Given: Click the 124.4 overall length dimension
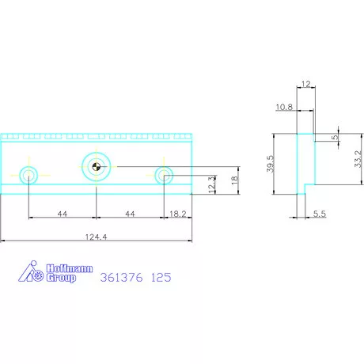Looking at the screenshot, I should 96,234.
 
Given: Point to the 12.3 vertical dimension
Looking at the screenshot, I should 211,184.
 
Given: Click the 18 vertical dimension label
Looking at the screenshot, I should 233,180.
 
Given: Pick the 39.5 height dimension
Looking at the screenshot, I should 269,165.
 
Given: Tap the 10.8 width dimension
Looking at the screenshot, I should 286,106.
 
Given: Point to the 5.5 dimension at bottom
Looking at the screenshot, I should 319,214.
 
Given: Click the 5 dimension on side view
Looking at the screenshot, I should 335,137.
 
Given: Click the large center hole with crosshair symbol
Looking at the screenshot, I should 96,166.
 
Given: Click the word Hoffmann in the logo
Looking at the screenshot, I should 59,268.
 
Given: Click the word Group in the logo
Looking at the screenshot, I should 57,278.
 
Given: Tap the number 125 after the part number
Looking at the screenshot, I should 161,279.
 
